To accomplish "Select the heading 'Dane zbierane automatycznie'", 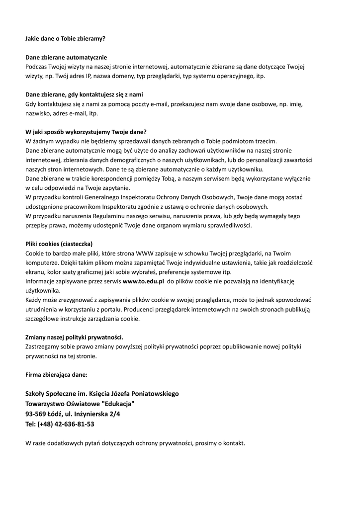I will (x=66, y=57).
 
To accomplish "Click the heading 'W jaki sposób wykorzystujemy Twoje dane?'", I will (x=86, y=132).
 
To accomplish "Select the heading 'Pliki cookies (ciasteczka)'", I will (x=63, y=244).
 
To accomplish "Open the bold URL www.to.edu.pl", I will (x=143, y=281).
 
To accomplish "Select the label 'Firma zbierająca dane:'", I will (x=56, y=375).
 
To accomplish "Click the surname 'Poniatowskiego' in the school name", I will (x=154, y=394).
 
